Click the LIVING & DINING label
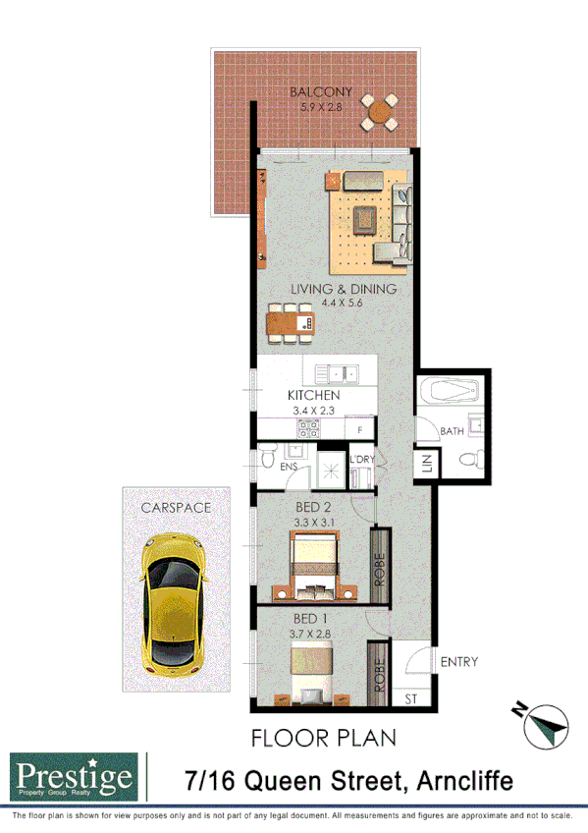pos(343,289)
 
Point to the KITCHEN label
pos(314,396)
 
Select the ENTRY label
pos(458,662)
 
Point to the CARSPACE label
pos(176,508)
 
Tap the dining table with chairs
pos(291,322)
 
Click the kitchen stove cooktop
pos(310,428)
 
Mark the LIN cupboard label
pos(427,464)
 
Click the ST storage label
pos(410,698)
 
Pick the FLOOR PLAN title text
pos(323,737)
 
